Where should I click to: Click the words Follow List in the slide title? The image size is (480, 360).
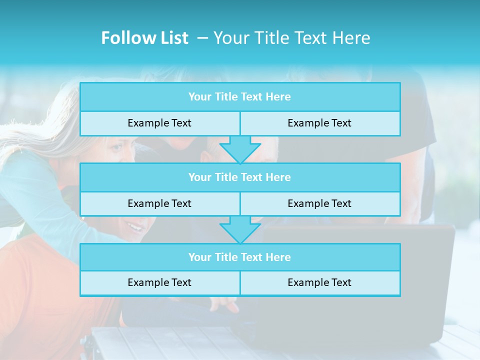[144, 38]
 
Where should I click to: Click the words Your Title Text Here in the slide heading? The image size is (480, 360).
[291, 38]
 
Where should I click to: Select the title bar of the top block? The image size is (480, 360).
[239, 97]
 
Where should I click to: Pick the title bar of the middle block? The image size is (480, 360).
[239, 177]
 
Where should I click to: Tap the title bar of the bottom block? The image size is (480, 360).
[239, 257]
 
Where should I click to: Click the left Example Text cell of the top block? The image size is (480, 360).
[159, 123]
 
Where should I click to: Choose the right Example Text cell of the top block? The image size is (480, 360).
[319, 123]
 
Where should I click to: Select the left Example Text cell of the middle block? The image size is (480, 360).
[159, 204]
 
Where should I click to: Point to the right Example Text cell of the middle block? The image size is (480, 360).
[319, 204]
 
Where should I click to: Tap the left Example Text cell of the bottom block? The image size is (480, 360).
[159, 283]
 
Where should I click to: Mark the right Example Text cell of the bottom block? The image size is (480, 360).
[319, 283]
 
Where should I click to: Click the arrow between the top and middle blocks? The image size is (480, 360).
[240, 150]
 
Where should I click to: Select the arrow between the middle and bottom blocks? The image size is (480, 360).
[240, 230]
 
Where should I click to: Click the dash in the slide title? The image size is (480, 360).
[202, 38]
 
